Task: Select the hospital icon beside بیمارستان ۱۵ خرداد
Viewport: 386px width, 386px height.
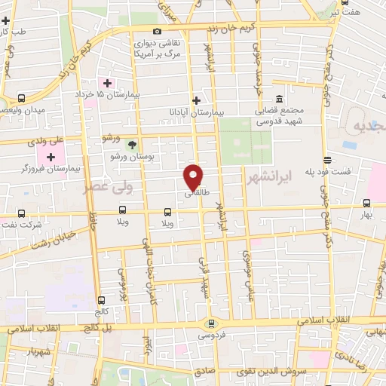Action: point(108,83)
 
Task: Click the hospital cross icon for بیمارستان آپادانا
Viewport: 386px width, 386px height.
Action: point(196,100)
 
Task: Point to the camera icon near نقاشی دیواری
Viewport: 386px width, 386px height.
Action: point(157,32)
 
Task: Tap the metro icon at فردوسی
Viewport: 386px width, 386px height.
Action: point(211,323)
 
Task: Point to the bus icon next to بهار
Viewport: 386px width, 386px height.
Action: point(366,204)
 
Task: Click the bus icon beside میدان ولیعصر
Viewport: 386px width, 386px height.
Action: point(21,98)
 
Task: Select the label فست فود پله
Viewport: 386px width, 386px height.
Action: point(330,172)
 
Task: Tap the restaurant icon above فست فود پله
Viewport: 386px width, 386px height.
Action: point(327,160)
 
